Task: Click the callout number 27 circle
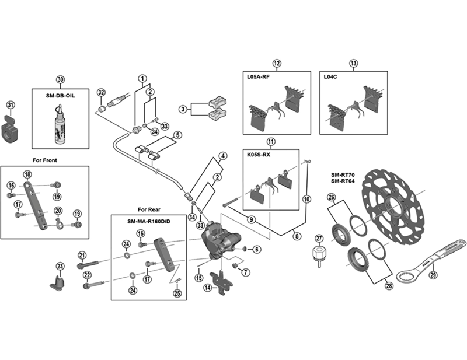click(319, 237)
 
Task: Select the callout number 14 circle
click(207, 288)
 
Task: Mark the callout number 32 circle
click(101, 93)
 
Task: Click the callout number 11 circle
click(271, 142)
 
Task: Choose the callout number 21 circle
click(82, 254)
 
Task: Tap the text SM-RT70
click(341, 173)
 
